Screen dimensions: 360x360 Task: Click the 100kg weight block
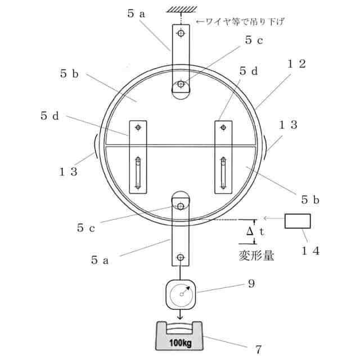click(180, 336)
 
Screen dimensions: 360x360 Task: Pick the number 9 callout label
click(251, 284)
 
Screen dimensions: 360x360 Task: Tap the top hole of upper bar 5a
click(181, 34)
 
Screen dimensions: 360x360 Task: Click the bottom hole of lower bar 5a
click(181, 258)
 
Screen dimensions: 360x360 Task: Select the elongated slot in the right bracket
click(223, 174)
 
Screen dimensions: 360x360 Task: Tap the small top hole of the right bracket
click(223, 128)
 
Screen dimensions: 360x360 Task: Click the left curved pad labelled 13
click(96, 147)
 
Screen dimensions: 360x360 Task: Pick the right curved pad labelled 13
click(264, 147)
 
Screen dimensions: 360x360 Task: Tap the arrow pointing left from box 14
click(273, 218)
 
